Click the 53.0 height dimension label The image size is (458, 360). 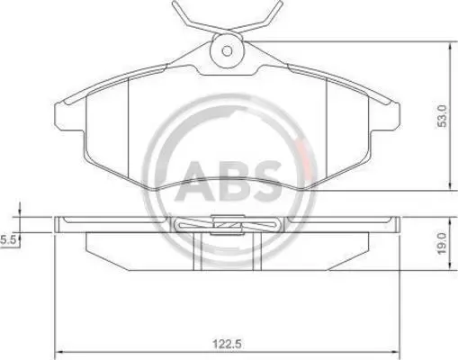(442, 116)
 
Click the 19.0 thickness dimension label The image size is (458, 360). (442, 243)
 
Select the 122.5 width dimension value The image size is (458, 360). (227, 344)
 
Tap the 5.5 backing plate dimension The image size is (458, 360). (7, 240)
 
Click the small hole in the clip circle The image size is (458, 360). (227, 51)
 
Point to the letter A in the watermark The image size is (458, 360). (197, 181)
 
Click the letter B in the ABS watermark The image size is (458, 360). (233, 181)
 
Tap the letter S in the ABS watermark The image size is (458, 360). (265, 181)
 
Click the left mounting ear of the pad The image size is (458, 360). (69, 117)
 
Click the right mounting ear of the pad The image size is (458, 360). (385, 117)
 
